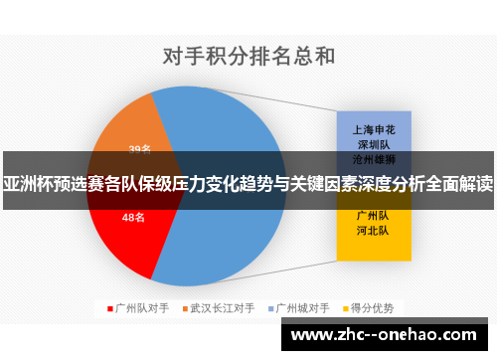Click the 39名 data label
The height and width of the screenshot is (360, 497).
[x=139, y=150]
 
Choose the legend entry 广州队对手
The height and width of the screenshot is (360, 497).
[x=138, y=307]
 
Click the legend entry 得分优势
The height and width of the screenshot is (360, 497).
[x=373, y=307]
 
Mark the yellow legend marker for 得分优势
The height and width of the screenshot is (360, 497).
[x=349, y=307]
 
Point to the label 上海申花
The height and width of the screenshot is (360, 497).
[x=374, y=129]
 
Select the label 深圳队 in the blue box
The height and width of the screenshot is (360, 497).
[x=374, y=144]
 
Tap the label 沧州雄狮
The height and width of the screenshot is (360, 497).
[x=374, y=158]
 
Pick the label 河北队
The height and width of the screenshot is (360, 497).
[x=374, y=231]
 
